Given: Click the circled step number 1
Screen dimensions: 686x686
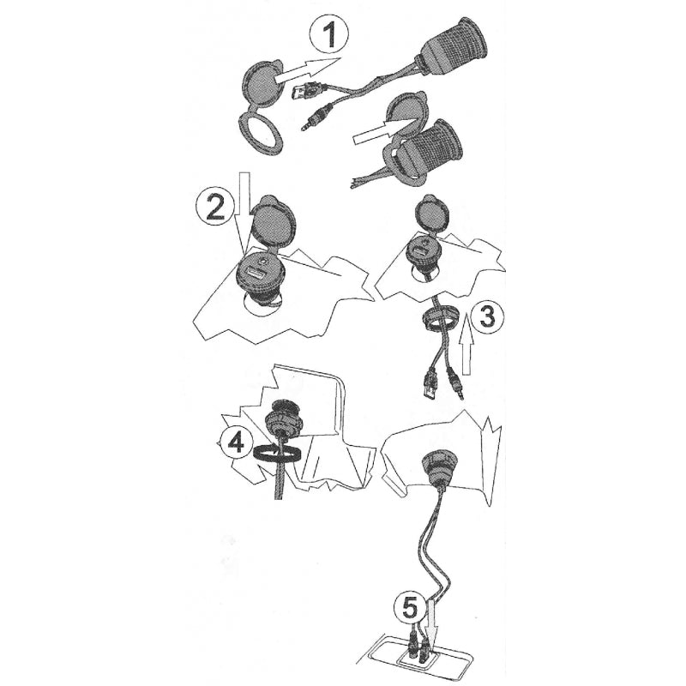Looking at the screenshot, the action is (x=329, y=35).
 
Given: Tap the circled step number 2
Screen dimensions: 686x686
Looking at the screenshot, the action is (x=214, y=208).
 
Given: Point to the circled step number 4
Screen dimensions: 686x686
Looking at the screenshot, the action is (x=237, y=442).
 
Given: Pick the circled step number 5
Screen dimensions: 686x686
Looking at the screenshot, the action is (x=410, y=608).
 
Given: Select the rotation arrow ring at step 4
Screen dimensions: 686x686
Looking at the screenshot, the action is (x=275, y=454).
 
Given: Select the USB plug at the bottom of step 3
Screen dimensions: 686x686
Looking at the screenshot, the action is (x=430, y=385).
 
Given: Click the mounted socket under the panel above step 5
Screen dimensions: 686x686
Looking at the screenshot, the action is (x=439, y=468).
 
